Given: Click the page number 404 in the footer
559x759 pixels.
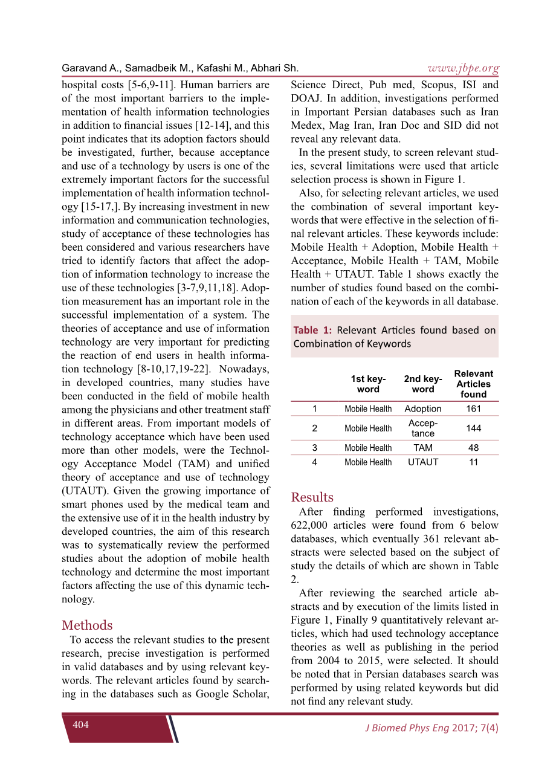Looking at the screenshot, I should coord(80,725).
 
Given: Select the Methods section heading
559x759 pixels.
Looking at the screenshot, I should coord(87,625).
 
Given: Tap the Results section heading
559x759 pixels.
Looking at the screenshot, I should coord(312,497).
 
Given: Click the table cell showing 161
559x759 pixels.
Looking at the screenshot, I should coord(473,409).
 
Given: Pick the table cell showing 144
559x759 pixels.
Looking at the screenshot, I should coord(473,428).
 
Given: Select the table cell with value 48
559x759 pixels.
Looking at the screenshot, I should coord(473,448).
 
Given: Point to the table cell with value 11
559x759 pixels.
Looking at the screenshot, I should coord(473,462).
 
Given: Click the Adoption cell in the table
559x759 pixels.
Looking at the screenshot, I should coord(423,409).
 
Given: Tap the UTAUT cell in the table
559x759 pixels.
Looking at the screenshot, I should coord(423,462).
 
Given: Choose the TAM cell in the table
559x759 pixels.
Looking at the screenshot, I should coord(423,448).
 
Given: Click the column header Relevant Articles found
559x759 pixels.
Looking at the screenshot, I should coord(473,384).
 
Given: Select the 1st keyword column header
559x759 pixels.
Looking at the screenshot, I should coord(368,384).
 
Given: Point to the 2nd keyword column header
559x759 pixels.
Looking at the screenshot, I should coord(423,384).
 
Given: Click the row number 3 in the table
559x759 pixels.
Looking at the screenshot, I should coord(315,448).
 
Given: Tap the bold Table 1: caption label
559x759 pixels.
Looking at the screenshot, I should coord(312,330).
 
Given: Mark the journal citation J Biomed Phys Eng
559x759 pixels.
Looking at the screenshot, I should coord(407,728).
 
